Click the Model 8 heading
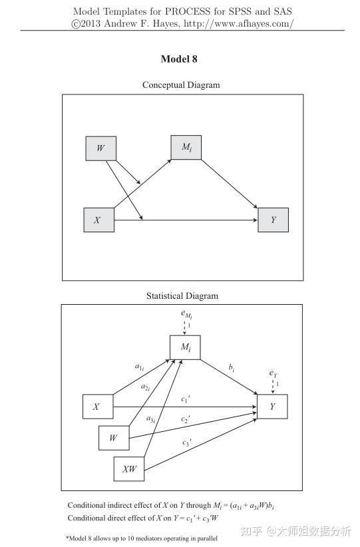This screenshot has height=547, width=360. coord(179,59)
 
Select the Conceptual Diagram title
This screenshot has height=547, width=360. coord(181,85)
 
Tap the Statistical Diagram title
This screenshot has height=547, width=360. coord(182,296)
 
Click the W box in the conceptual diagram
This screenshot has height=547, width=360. coord(100,148)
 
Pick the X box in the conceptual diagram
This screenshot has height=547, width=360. coord(98,220)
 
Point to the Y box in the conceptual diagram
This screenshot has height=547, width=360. coord(273,220)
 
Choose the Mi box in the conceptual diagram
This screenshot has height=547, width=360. coord(186,147)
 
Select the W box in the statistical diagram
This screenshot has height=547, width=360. coord(114,438)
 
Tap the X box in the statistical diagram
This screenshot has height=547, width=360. coord(97,407)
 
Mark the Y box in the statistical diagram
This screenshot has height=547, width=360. coord(272,406)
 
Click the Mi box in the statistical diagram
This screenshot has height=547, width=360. coord(185,347)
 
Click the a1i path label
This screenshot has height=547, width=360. coord(139,366)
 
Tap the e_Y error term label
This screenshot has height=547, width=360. coord(273,374)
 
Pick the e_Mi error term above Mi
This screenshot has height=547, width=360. coord(185,315)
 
